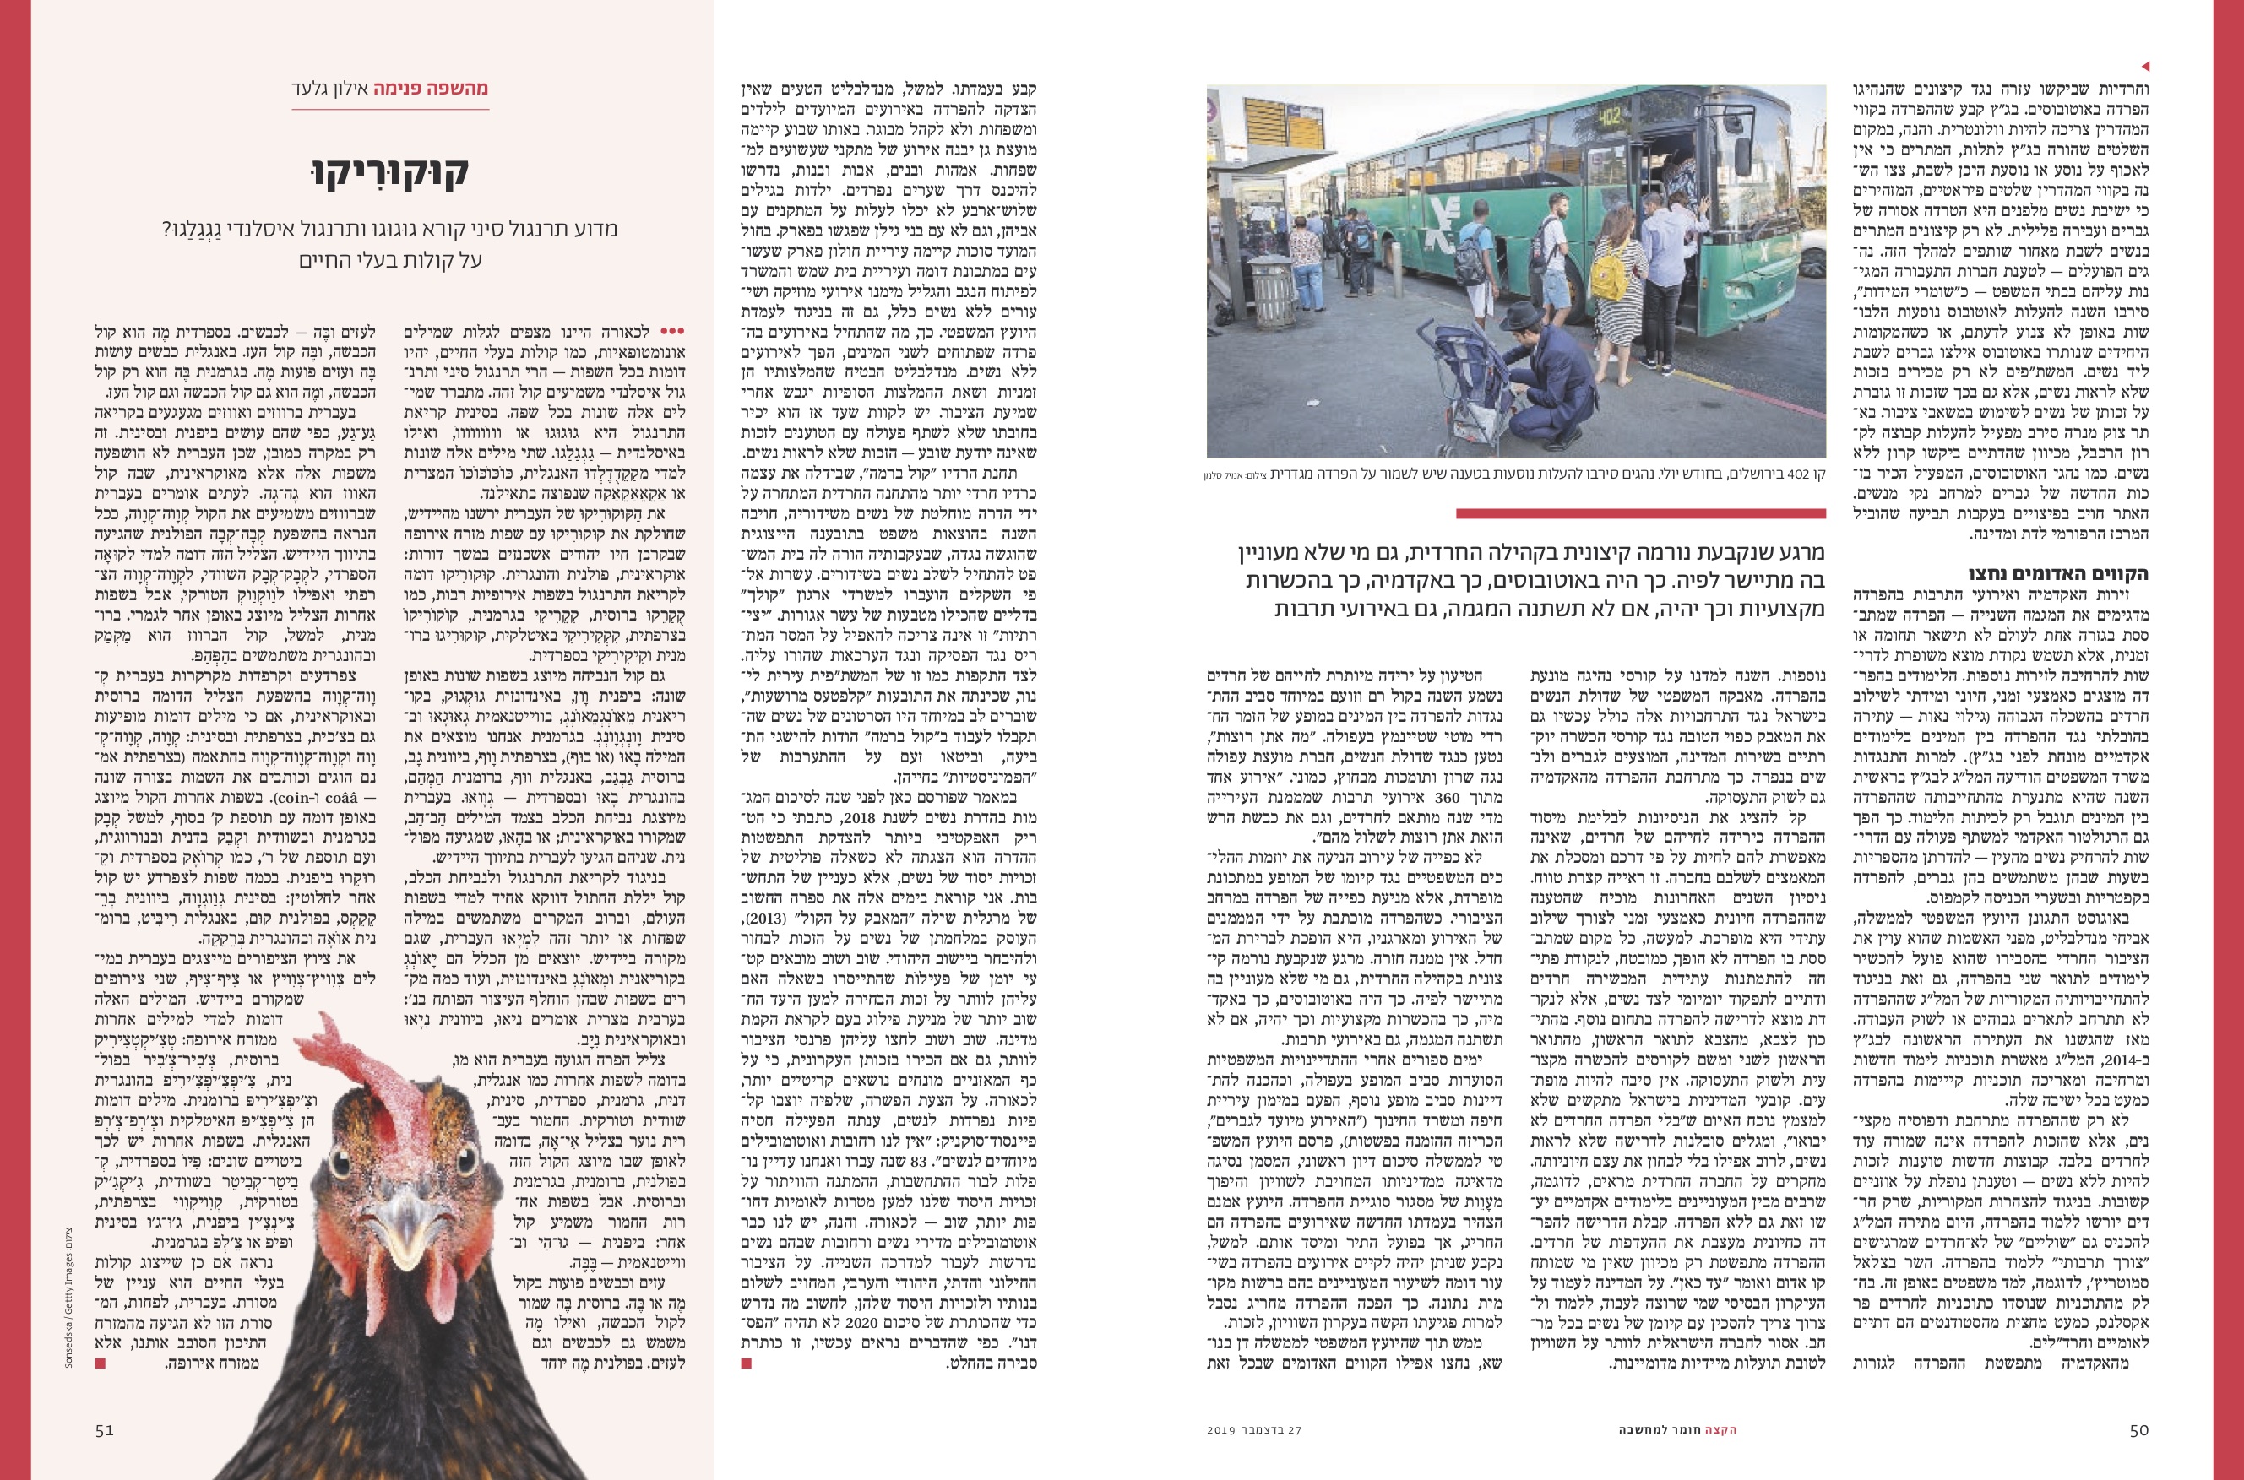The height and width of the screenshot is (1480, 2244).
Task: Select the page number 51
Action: point(104,1429)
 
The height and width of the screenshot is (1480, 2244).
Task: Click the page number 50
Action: point(2139,1429)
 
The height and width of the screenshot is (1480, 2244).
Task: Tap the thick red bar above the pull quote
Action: point(1640,513)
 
